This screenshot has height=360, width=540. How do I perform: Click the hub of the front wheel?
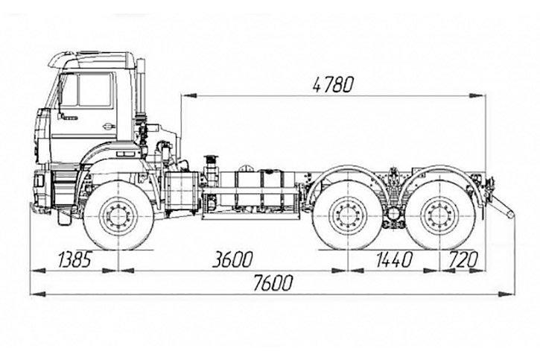(x=118, y=216)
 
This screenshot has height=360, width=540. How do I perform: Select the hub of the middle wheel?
(x=346, y=216)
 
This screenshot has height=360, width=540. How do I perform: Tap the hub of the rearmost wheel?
(x=437, y=216)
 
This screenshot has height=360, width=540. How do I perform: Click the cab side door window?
(x=94, y=90)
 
